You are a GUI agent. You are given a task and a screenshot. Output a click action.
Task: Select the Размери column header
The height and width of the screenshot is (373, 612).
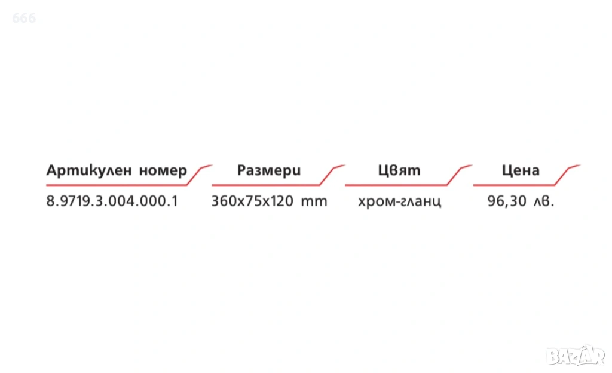point(269,170)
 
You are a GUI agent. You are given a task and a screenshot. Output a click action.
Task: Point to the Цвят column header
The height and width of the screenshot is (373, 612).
point(399,170)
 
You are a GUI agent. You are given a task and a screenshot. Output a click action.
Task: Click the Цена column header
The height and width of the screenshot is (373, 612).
point(521,170)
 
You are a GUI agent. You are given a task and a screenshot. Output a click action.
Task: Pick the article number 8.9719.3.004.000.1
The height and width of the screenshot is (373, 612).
point(112,201)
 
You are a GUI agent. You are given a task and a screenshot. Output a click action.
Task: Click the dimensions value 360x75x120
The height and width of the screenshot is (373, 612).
point(252,201)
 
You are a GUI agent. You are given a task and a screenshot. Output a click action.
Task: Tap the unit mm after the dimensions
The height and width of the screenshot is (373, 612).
point(314,202)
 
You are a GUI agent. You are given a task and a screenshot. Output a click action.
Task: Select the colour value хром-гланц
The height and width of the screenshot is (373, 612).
point(400,202)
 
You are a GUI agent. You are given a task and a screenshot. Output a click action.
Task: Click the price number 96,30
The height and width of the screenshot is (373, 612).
point(507,201)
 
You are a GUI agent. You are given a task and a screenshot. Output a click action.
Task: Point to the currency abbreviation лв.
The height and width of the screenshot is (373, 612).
point(544,202)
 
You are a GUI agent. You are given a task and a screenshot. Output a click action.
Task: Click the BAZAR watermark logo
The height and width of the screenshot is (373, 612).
point(576,356)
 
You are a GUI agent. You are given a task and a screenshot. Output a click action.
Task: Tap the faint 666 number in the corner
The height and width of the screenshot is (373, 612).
point(24,18)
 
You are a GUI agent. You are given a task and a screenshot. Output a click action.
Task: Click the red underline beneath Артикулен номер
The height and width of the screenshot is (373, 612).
point(117,185)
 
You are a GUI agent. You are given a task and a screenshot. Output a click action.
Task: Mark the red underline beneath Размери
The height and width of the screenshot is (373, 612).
point(266,185)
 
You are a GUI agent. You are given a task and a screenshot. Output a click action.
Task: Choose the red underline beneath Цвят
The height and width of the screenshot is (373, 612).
point(396,185)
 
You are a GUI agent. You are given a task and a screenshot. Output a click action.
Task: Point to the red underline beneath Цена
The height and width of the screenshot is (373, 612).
point(514,185)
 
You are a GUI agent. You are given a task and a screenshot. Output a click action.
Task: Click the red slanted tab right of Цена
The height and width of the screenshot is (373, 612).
point(567,175)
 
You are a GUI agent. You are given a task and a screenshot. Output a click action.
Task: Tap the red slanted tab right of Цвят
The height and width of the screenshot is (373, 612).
point(460,175)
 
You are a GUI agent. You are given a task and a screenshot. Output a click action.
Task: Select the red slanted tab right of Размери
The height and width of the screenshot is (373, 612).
point(332,175)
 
